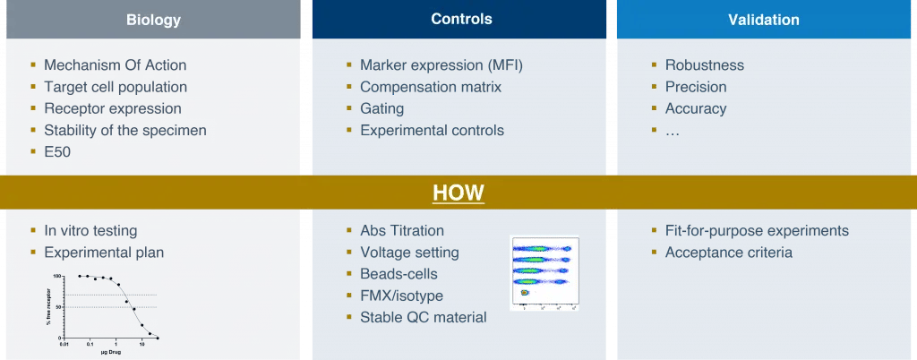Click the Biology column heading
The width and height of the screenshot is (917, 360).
pos(153,20)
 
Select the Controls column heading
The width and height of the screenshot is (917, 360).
pos(461,19)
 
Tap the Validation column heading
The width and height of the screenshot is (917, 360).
pos(764,20)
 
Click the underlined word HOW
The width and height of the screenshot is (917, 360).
pos(458,193)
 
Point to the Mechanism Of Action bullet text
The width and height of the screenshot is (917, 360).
pos(116,65)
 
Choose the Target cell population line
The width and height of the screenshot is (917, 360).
pos(116,87)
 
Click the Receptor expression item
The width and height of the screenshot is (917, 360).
pos(113,108)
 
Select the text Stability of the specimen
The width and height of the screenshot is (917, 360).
pos(125,131)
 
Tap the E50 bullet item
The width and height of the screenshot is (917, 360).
pos(57,152)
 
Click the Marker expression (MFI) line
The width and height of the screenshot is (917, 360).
pos(441,65)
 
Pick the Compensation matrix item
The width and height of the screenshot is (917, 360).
pos(431,87)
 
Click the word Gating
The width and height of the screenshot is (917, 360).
pos(382,108)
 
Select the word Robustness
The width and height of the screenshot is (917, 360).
pos(705,65)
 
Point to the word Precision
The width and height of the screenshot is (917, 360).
pos(696,87)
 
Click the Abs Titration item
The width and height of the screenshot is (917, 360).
pos(402,231)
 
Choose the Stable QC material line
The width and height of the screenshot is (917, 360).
pos(424,317)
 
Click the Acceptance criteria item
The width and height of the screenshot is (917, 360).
pos(728,253)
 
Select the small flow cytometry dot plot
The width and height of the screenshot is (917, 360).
pos(544,272)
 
